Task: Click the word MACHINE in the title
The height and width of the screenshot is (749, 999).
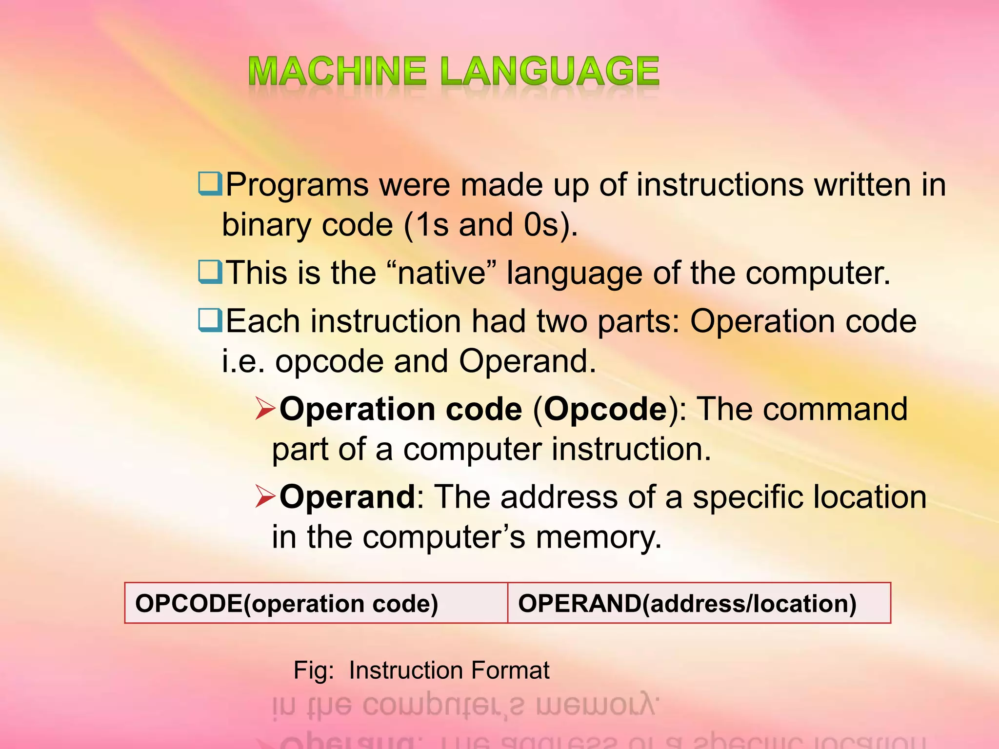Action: click(337, 71)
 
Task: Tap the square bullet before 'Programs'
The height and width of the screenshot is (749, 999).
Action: click(210, 184)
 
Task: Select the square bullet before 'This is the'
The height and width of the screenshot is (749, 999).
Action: click(210, 272)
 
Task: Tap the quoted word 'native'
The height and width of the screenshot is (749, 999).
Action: click(441, 273)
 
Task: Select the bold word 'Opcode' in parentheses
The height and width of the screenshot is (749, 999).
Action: click(605, 410)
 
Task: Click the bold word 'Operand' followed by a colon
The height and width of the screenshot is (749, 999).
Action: click(347, 497)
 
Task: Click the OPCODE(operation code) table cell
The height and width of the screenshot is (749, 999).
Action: click(316, 603)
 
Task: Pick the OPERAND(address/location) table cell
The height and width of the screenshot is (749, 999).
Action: click(699, 603)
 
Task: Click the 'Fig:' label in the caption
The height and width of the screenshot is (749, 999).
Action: click(313, 670)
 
